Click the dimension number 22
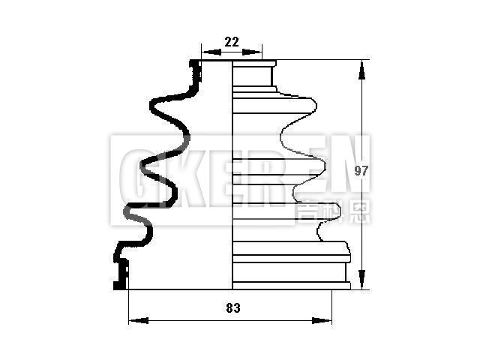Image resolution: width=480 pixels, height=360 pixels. tap(232, 43)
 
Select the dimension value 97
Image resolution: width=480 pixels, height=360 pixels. tap(361, 171)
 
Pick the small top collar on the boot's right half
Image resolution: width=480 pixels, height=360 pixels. tap(255, 76)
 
